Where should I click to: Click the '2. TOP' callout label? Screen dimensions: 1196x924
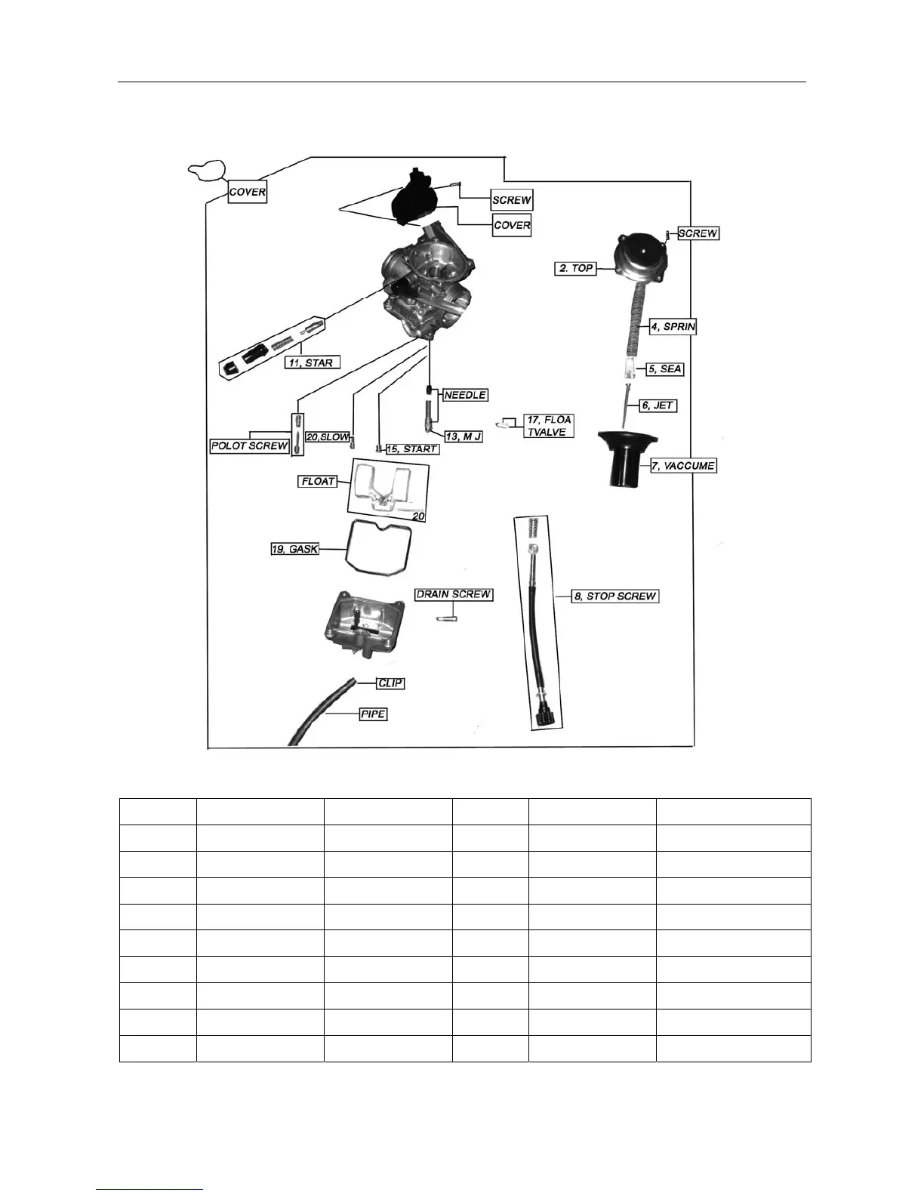click(576, 268)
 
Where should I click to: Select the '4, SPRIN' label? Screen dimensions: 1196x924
click(673, 327)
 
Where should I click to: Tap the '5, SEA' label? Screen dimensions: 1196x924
click(665, 369)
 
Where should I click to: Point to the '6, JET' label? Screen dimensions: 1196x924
click(658, 405)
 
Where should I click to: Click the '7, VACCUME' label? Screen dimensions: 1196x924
click(682, 466)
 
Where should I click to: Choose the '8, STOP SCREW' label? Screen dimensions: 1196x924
click(615, 596)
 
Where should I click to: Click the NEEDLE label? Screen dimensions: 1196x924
click(465, 395)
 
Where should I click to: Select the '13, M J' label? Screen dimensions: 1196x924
click(463, 436)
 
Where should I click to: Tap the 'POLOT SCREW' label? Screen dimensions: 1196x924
click(250, 445)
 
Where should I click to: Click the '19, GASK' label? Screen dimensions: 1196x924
click(294, 549)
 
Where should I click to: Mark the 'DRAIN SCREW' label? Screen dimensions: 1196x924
click(454, 594)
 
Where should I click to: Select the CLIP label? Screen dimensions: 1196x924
click(391, 683)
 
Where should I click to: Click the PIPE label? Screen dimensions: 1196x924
click(373, 714)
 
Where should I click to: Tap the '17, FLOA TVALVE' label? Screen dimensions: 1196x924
click(548, 426)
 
